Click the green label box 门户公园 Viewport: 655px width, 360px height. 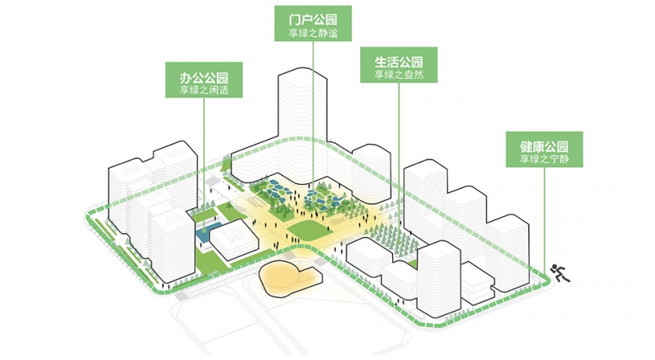pos(313,24)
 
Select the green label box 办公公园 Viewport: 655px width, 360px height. pos(204,79)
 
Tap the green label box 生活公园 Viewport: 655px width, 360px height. pos(399,65)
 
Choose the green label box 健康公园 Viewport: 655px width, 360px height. pos(544,150)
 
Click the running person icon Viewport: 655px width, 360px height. pos(560,273)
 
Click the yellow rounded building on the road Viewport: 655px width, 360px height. pos(289,277)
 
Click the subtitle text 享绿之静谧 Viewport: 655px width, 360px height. pos(313,33)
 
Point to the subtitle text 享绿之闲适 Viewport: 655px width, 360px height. pos(204,89)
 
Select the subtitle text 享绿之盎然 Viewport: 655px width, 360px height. pos(399,74)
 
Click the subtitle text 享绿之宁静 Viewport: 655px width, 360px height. pos(544,159)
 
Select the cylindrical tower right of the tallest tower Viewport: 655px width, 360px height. pos(371,173)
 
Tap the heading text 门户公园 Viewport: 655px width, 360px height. pos(313,19)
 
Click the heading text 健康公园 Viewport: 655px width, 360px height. pos(544,146)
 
